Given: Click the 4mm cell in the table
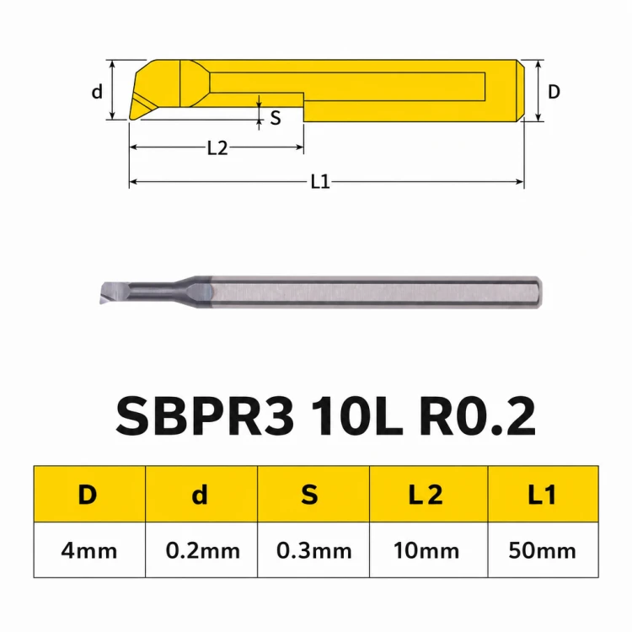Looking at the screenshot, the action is click(x=89, y=550).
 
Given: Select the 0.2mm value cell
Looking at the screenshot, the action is click(x=201, y=550).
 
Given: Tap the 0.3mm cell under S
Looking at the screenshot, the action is click(x=313, y=550).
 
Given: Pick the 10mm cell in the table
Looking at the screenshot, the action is click(x=428, y=550).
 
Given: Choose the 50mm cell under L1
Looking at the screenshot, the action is click(x=543, y=550).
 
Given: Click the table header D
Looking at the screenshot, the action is click(x=89, y=494).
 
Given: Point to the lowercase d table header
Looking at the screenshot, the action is click(x=201, y=494).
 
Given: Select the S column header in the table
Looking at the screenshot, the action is click(x=313, y=494).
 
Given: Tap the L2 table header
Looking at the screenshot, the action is click(x=428, y=494).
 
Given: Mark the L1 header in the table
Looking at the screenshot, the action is click(x=543, y=494).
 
